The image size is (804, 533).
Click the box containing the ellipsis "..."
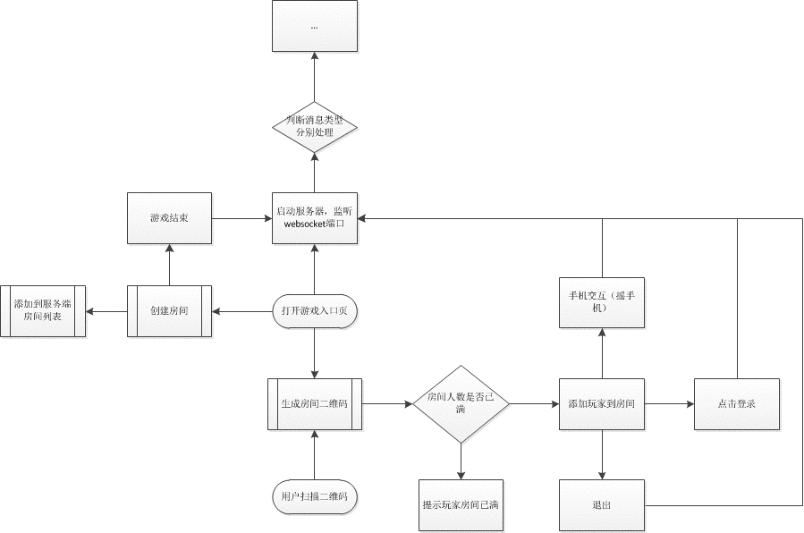314,26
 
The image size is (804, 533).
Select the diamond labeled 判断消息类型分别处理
314,126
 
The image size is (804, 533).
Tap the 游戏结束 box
170,217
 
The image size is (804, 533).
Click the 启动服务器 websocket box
314,217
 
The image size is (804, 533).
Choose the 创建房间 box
170,310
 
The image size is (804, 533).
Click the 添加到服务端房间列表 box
43,310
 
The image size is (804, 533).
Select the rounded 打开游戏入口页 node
314,310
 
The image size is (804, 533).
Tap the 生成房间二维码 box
314,404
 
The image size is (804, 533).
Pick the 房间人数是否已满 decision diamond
461,403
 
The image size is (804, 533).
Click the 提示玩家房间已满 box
461,504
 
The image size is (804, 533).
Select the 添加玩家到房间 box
602,404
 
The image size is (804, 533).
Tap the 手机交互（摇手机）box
602,301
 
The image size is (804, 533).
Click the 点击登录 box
737,404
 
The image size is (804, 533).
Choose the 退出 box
602,505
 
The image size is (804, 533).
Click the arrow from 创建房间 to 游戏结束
170,264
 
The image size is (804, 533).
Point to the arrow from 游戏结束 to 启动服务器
241,217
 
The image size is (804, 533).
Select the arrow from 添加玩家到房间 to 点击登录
669,404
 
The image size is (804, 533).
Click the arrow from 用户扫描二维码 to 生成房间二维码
314,455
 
